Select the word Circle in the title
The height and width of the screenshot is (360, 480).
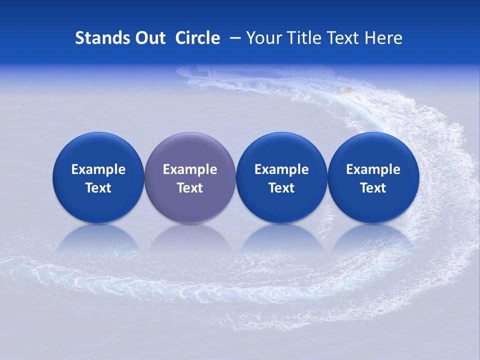[x=197, y=38]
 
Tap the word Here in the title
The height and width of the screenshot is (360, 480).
[x=382, y=38]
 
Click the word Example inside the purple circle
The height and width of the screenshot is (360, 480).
[x=189, y=170]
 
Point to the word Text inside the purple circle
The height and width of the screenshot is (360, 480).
[x=189, y=188]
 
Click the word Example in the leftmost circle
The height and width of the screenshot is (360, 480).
[x=98, y=170]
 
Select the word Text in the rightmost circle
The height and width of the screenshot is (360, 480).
[x=373, y=188]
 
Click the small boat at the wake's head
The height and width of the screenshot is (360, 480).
[x=345, y=90]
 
